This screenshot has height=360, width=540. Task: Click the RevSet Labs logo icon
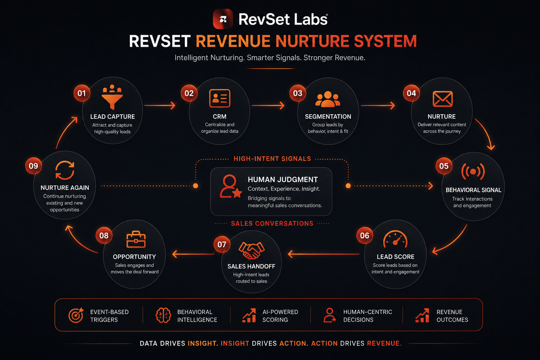223,19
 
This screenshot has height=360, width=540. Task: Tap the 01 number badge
82,93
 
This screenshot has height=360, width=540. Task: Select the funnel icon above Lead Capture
112,97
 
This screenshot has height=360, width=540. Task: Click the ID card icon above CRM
220,98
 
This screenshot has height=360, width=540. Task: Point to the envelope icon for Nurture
443,99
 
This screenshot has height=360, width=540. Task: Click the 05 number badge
444,166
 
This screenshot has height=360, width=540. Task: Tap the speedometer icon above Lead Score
396,239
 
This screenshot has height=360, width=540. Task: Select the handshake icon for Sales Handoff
251,250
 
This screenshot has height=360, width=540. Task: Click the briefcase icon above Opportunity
136,239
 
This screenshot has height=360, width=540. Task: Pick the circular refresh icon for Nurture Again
65,170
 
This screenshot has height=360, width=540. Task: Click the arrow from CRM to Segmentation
268,105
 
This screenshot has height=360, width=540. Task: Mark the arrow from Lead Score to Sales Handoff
323,254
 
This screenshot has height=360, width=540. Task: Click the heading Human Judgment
283,180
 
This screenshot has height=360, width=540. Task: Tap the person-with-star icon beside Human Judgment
231,186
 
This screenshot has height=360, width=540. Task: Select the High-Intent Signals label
272,159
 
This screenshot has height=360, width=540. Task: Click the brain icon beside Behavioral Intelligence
163,315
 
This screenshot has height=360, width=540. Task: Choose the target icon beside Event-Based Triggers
76,315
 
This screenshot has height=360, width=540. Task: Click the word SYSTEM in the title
385,41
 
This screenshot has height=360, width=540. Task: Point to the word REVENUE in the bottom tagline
384,343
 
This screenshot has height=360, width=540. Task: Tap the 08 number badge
104,235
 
